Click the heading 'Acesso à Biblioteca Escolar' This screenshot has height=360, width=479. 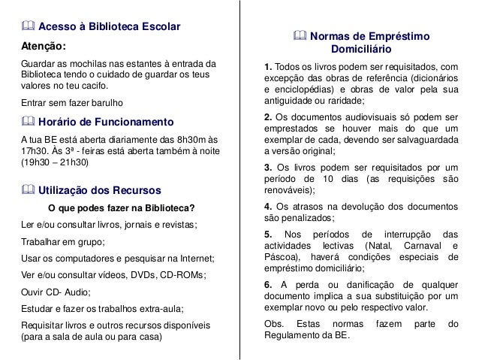point(109,28)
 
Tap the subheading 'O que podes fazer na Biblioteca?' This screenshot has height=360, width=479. point(121,208)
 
